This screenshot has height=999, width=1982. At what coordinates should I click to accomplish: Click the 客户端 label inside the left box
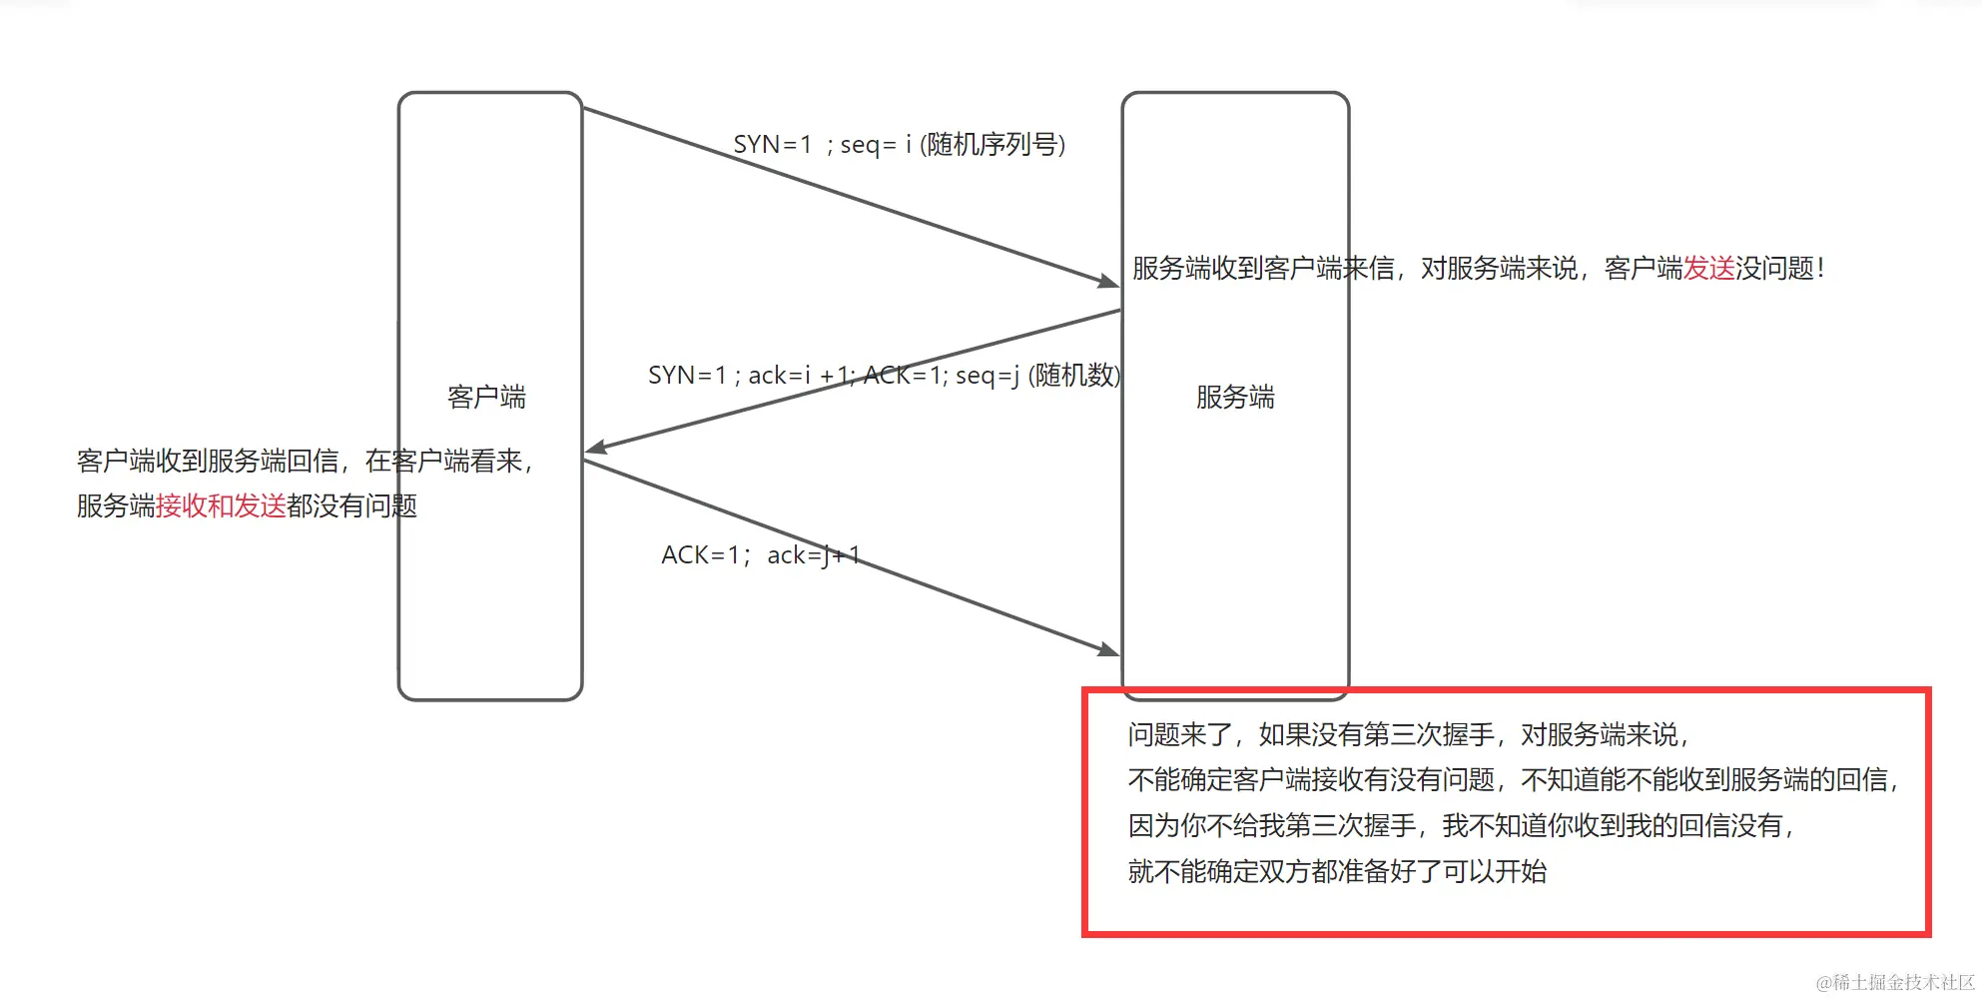tap(486, 397)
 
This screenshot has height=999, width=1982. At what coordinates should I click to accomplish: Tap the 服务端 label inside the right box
tap(1235, 397)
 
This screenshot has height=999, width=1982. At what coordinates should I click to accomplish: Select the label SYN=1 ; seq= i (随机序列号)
tap(899, 145)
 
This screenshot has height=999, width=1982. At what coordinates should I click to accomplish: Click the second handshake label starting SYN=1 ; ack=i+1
tap(884, 376)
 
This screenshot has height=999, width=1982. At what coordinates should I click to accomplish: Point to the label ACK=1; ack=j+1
tap(760, 555)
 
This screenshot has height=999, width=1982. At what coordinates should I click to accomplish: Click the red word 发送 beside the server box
tap(1708, 268)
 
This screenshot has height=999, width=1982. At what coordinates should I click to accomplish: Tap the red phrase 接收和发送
tap(221, 505)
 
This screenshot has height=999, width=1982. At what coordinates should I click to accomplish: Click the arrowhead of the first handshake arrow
tap(1108, 282)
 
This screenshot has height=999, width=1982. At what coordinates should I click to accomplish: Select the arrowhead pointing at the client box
tap(595, 449)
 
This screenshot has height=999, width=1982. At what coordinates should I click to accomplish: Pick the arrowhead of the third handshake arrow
tap(1108, 650)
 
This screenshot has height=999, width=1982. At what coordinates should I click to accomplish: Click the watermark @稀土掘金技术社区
tap(1894, 983)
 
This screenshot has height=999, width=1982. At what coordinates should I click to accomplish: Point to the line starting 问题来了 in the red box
tap(1408, 735)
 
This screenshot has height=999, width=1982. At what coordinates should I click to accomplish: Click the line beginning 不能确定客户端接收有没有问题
tap(1512, 780)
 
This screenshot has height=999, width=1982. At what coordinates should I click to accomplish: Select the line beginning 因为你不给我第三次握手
tap(1460, 826)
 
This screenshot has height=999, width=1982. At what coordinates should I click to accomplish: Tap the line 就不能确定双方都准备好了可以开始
tap(1337, 872)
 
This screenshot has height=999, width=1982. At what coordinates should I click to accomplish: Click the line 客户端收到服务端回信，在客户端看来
tap(305, 461)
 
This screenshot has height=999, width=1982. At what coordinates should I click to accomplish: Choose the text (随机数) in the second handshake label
tap(1074, 376)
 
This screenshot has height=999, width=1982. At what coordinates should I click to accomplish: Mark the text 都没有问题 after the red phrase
tap(351, 505)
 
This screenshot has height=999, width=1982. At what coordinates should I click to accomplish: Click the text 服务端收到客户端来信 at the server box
tap(1263, 268)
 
